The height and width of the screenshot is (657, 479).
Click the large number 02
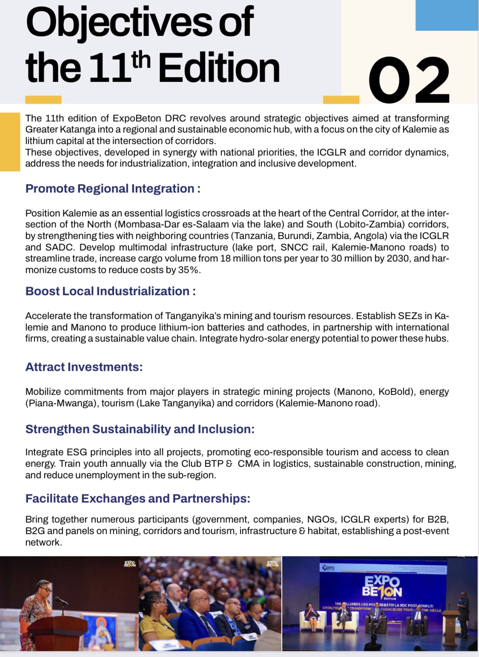[409, 80]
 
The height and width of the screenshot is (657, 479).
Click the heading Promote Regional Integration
[113, 189]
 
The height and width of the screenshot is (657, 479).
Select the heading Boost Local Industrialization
[110, 291]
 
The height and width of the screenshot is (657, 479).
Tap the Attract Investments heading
[84, 367]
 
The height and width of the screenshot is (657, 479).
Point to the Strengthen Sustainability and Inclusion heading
[140, 429]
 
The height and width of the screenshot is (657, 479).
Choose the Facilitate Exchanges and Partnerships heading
[138, 499]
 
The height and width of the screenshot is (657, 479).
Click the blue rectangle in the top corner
[447, 15]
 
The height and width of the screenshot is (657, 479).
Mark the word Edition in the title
[219, 68]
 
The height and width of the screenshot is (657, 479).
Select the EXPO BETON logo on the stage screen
[382, 587]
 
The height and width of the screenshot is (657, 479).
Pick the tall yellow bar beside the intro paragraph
[10, 142]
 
